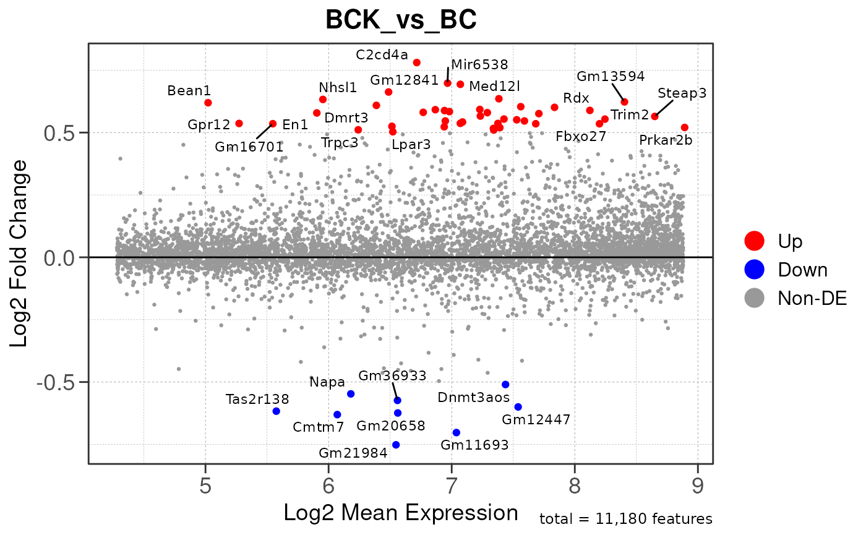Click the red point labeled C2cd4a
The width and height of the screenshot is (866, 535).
point(417,62)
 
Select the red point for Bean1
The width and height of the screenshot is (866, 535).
point(208,103)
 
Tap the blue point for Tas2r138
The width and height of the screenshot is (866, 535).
point(277,411)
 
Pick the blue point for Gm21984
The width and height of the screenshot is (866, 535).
point(396,445)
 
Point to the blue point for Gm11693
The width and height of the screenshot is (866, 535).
point(457,432)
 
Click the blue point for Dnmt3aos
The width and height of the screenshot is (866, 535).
point(505,385)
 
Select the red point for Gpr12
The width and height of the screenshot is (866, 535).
point(239,124)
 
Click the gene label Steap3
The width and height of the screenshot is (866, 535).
point(682,93)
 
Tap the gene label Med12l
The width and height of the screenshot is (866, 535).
point(495,85)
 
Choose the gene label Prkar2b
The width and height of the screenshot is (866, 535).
point(666,140)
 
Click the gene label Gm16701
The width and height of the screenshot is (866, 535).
point(249,147)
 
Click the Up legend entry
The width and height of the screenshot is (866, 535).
point(790,241)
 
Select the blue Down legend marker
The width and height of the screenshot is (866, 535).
point(755,270)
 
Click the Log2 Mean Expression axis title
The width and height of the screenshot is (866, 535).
point(401,513)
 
